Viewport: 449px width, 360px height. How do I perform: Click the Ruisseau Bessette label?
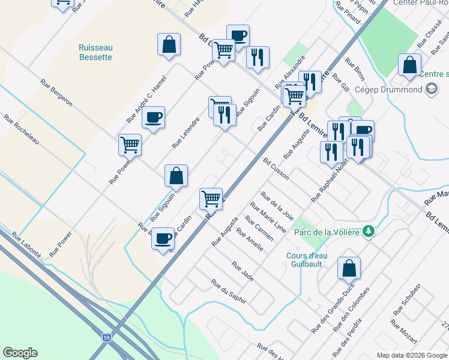95,52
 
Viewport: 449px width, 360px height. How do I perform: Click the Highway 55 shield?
106,338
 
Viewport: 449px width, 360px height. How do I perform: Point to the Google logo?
20,353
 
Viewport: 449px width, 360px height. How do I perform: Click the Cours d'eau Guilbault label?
306,260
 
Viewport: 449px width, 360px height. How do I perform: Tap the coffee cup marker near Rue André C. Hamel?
153,117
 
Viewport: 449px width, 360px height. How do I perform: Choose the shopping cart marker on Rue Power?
130,145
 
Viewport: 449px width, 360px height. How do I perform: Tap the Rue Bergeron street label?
56,93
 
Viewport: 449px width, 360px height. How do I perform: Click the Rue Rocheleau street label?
21,130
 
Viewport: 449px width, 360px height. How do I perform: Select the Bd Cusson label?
276,169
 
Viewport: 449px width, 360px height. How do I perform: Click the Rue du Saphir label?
228,292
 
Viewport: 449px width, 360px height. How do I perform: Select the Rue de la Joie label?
277,206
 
